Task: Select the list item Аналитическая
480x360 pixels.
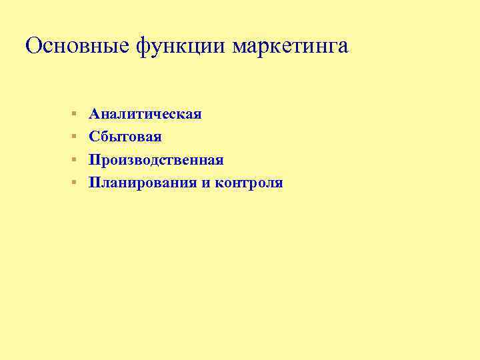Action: coord(145,114)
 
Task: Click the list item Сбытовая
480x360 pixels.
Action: coord(125,137)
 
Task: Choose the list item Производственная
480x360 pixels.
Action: coord(157,160)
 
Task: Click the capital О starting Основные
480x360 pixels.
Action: coord(33,46)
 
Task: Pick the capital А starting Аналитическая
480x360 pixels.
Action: coord(95,114)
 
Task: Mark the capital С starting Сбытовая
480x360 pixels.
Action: coord(95,137)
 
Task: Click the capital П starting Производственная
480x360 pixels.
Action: coord(95,160)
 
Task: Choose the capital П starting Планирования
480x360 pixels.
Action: coord(95,183)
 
